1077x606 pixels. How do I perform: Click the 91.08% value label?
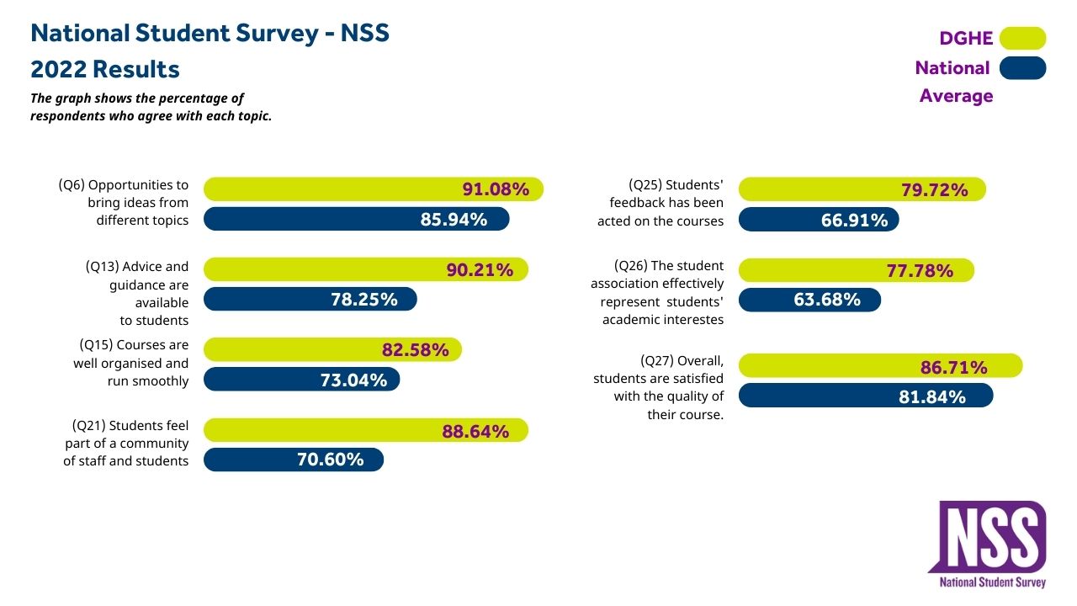point(496,189)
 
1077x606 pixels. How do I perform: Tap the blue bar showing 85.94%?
point(357,219)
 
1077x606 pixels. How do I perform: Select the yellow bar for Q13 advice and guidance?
point(365,269)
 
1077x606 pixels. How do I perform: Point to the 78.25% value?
point(363,300)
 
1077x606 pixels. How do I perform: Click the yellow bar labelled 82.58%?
point(332,349)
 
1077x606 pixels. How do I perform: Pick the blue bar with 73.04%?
point(301,380)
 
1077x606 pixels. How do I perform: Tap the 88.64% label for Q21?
point(475,431)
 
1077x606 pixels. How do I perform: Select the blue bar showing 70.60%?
point(294,460)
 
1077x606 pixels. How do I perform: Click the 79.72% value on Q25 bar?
point(934,190)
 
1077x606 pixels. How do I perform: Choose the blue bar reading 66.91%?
point(818,220)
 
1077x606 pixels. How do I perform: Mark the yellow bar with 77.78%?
point(856,270)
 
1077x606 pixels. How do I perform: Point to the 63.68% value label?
point(827,300)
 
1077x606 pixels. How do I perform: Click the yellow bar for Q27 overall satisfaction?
point(880,366)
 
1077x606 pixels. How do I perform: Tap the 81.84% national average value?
point(931,396)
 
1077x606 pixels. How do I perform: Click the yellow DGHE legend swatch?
point(1022,39)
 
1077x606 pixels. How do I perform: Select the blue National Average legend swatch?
point(1022,68)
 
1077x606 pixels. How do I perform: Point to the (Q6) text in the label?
point(72,185)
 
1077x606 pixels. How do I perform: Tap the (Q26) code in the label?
point(630,266)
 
